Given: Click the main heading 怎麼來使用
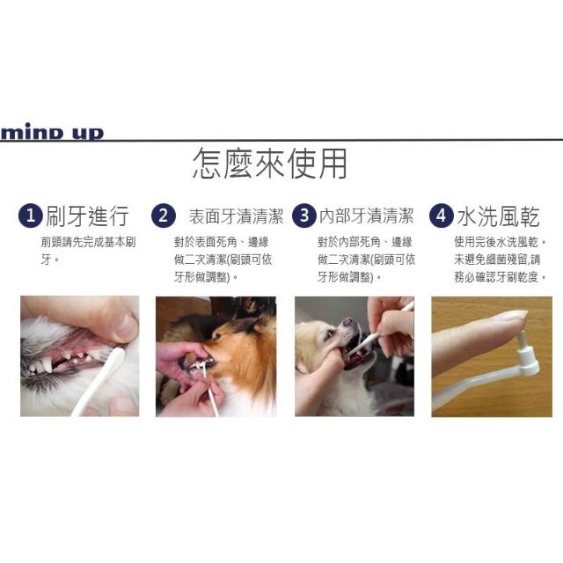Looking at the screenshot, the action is [270, 164].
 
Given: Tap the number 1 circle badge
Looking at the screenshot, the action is [31, 216].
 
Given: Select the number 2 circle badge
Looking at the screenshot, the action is [164, 216].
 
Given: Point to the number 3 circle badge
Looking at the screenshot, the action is [304, 216].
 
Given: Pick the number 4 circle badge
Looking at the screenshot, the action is [442, 216].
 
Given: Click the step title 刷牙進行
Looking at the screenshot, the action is [87, 216].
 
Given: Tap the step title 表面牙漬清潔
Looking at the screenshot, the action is [237, 216].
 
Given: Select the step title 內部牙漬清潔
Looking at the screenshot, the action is [366, 216].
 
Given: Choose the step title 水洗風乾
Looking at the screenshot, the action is [499, 216].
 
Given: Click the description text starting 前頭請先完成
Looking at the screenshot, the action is [88, 251].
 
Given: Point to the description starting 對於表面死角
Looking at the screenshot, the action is [223, 260].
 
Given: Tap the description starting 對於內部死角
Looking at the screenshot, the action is [366, 260].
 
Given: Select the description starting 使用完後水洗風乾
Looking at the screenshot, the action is [501, 260].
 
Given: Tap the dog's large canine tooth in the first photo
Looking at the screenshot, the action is [47, 364].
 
